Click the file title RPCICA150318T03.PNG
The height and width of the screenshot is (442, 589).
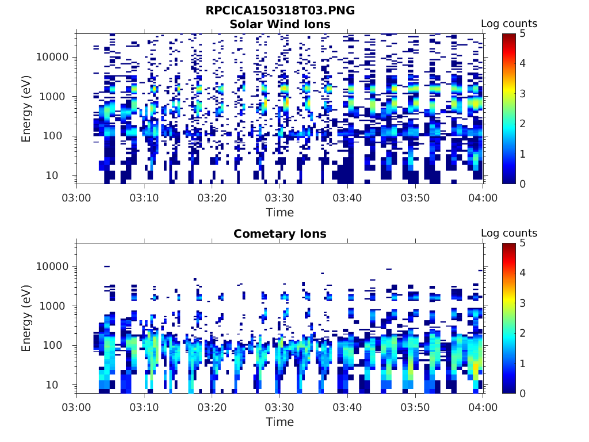point(280,11)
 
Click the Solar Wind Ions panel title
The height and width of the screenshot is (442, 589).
point(280,24)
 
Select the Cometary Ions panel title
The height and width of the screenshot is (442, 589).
point(280,234)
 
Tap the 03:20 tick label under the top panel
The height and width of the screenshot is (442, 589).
point(212,198)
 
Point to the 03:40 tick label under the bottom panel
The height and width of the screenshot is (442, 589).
point(347,407)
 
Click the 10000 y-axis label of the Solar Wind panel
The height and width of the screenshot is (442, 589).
point(52,57)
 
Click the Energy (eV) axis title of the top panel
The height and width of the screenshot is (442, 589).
point(26,108)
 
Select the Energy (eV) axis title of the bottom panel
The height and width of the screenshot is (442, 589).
point(26,318)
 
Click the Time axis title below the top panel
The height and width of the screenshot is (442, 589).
point(280,212)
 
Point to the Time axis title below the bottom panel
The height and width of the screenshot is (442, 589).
point(280,422)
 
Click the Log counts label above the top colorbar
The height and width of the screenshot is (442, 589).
point(508,24)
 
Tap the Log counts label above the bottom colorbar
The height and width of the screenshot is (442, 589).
point(508,233)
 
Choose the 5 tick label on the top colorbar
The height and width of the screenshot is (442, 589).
point(523,34)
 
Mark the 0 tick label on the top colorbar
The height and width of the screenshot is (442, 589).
point(523,184)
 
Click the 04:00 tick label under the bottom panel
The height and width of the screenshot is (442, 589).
point(482,407)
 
